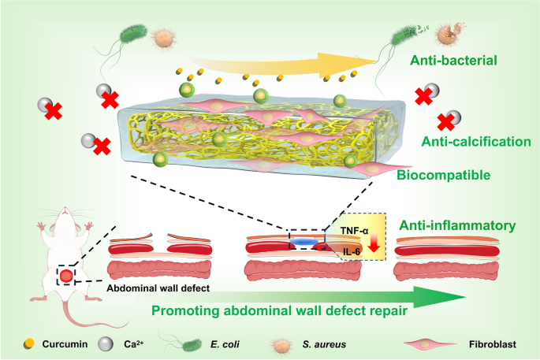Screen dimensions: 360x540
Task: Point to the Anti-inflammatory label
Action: [x=455, y=225]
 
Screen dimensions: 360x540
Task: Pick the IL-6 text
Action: [x=352, y=254]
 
